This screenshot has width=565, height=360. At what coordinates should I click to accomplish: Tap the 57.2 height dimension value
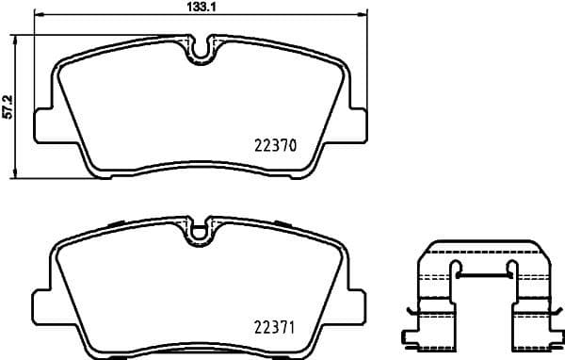click(x=8, y=105)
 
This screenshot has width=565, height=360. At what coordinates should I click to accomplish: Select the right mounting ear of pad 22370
click(x=356, y=124)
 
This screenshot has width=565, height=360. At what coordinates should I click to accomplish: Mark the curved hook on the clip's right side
click(x=557, y=312)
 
